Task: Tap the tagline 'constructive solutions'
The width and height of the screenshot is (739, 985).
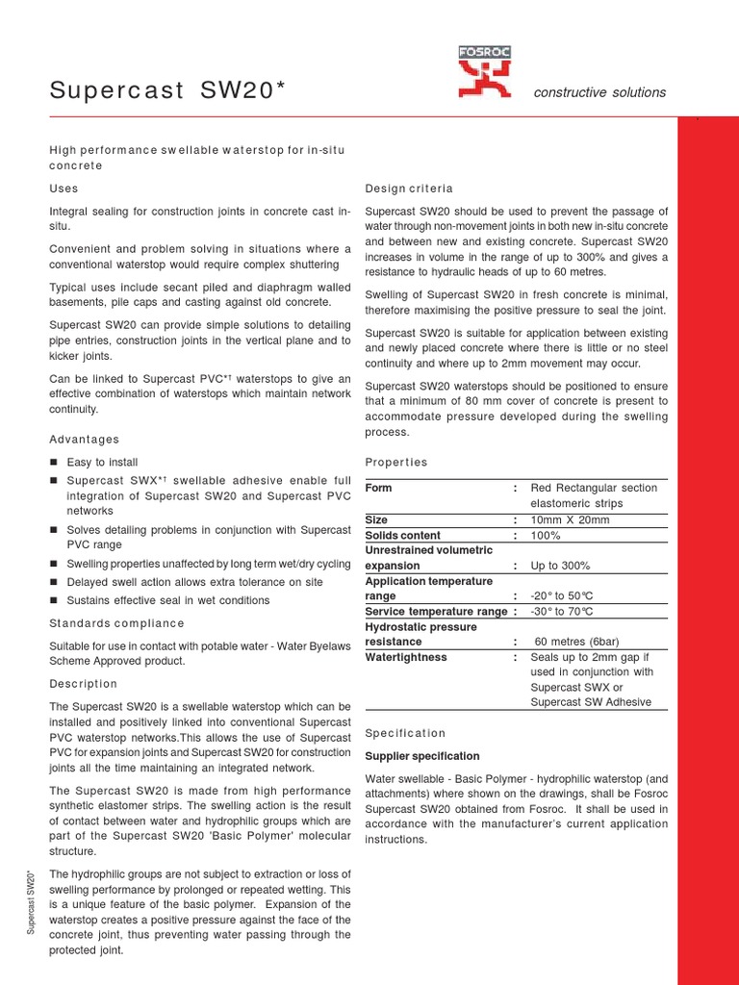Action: pyautogui.click(x=599, y=92)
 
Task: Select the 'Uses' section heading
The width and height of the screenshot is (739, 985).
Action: pyautogui.click(x=64, y=188)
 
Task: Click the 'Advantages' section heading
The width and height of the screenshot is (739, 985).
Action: pyautogui.click(x=85, y=439)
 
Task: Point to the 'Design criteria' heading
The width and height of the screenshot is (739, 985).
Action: pyautogui.click(x=409, y=188)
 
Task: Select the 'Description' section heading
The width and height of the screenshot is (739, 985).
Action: pyautogui.click(x=83, y=683)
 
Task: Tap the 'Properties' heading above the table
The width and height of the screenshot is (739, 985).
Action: pyautogui.click(x=396, y=462)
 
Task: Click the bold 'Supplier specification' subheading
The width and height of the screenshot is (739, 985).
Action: pyautogui.click(x=422, y=756)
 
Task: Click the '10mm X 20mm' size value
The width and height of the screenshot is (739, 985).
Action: pyautogui.click(x=570, y=519)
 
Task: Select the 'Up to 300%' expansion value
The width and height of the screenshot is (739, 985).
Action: pyautogui.click(x=560, y=566)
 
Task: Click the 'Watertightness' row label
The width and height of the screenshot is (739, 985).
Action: pyautogui.click(x=406, y=657)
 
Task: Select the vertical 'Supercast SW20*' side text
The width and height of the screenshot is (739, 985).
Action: pyautogui.click(x=32, y=901)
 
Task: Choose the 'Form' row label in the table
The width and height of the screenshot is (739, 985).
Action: pyautogui.click(x=378, y=488)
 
